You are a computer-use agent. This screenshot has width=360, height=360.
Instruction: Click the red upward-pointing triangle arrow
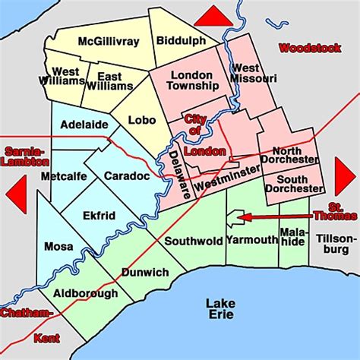point(213,16)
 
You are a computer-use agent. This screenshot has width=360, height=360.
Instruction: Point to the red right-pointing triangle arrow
point(345,176)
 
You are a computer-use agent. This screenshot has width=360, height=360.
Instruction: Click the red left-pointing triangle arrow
point(16,194)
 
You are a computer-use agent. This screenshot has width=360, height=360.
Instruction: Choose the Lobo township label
point(143,118)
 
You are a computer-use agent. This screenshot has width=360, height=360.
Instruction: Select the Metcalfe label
point(65,176)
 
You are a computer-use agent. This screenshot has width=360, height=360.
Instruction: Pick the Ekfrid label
point(99,216)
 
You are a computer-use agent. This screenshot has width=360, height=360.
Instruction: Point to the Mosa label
point(58,246)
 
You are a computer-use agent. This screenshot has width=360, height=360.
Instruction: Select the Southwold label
point(194,241)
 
